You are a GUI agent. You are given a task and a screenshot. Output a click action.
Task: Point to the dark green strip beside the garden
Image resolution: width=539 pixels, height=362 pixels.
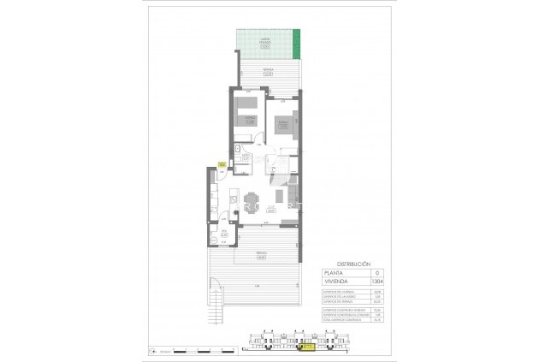point(298,40)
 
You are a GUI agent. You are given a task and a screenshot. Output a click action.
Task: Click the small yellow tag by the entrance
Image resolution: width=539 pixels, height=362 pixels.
point(222,164)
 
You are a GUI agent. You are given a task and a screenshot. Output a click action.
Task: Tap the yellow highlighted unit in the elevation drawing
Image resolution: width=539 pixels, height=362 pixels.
point(306,347)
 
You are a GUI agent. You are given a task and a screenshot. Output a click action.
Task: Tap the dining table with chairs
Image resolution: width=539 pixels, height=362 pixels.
point(250,203)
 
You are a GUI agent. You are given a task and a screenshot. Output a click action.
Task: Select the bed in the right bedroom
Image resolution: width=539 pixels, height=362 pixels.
point(285,126)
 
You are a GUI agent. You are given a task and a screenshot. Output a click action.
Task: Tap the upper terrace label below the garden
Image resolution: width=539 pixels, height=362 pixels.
point(269,73)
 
